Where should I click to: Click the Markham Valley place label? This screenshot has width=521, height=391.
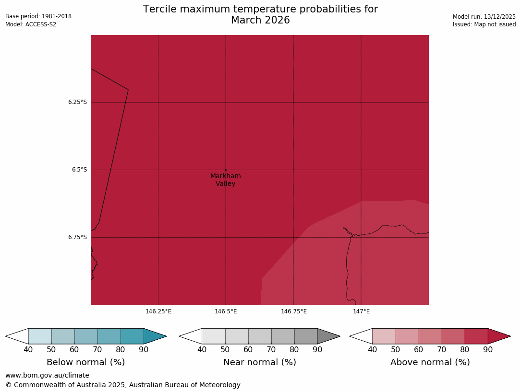click(225, 180)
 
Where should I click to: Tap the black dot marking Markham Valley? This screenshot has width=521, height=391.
click(226, 170)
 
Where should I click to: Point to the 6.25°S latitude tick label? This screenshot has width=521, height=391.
click(77, 102)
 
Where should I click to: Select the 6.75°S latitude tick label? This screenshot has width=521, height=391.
click(77, 237)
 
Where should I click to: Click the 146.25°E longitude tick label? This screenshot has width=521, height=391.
click(158, 311)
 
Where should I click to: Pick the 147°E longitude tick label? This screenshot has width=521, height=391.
click(361, 311)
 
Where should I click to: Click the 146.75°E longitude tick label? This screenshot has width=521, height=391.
click(293, 311)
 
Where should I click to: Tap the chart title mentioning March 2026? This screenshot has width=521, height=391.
click(260, 15)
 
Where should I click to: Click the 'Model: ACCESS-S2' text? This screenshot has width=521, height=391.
click(31, 24)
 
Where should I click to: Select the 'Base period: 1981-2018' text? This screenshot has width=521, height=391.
click(38, 16)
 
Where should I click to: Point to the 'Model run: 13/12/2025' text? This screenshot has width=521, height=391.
click(484, 16)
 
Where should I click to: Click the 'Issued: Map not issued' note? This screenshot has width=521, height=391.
click(484, 24)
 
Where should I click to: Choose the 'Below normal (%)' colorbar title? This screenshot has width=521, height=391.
click(85, 362)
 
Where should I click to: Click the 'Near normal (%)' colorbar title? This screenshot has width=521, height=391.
click(259, 362)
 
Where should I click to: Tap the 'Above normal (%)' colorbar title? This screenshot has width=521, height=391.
click(430, 362)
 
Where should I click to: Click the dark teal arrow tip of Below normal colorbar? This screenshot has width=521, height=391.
click(154, 336)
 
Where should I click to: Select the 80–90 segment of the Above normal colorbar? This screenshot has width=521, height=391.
click(476, 336)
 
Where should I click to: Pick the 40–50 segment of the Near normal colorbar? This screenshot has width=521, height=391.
click(214, 336)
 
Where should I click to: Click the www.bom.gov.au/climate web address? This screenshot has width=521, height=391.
click(47, 375)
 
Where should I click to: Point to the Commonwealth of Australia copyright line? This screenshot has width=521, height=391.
click(123, 385)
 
